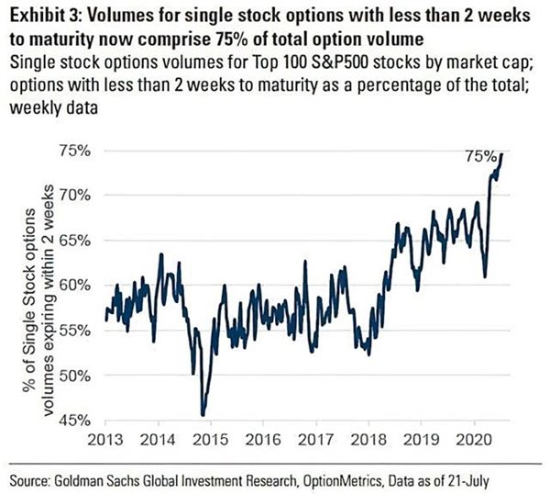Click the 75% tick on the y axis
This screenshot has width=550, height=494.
tap(81, 150)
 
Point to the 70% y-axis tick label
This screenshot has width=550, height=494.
tap(81, 195)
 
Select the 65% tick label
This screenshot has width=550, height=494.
tap(81, 240)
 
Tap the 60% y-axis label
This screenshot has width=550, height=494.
tap(81, 285)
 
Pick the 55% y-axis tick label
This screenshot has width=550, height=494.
tap(81, 330)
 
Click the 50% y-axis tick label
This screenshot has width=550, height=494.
tap(81, 376)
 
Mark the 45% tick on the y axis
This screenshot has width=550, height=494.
tap(81, 421)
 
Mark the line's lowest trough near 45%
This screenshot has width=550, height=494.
tap(203, 414)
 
